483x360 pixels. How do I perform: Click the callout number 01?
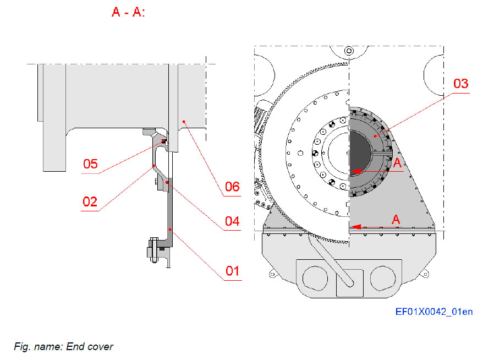coord(232,271)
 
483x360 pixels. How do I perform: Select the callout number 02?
coord(90,201)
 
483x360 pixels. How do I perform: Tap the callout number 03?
coord(460,84)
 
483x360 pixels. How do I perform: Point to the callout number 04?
coord(232,221)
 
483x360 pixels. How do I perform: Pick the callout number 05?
coord(91,163)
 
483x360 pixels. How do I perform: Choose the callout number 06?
coord(232,187)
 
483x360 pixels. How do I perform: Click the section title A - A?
coord(128,12)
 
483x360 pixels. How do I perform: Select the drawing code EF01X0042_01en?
coord(433,312)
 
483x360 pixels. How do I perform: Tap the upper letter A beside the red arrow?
coord(397,162)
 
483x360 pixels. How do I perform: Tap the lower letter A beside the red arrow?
coord(395,219)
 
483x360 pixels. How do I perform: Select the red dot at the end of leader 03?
coord(375,135)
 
